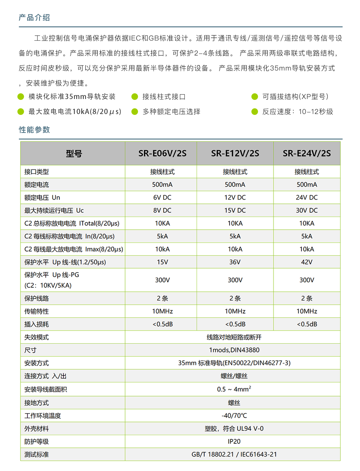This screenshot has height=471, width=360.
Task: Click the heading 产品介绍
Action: (x=34, y=18)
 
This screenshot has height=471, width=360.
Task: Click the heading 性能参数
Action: (x=34, y=130)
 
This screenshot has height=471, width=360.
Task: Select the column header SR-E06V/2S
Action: (x=162, y=154)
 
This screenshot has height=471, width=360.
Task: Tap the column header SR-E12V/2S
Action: (x=235, y=154)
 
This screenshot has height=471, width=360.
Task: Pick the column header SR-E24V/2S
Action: (x=307, y=154)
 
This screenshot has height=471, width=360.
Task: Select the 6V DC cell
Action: (x=162, y=197)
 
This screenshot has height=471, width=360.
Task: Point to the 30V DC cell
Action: (x=307, y=210)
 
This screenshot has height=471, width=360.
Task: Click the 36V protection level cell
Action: (x=235, y=262)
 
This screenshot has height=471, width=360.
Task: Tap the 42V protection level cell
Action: (x=307, y=262)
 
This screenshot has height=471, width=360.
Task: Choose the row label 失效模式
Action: (x=37, y=337)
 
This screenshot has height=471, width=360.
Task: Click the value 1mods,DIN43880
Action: (x=234, y=350)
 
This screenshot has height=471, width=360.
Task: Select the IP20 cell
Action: (x=234, y=442)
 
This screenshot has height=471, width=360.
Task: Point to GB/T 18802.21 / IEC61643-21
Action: (x=234, y=454)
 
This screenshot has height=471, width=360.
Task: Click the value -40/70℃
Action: (x=234, y=416)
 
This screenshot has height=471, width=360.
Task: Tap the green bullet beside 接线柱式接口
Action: (x=135, y=97)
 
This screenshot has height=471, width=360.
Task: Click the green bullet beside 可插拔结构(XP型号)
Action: (x=255, y=97)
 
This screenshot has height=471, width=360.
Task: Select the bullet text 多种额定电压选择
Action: (x=171, y=112)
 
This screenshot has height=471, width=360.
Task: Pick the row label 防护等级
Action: (x=37, y=442)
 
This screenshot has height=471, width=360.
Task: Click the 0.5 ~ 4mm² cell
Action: (x=234, y=389)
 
